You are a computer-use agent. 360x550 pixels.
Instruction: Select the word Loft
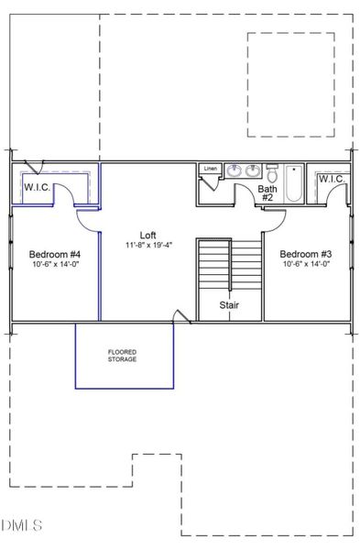coord(148,235)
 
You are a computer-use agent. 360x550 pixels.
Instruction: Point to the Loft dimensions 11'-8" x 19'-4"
coord(148,246)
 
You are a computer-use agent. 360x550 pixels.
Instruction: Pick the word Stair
coord(229,305)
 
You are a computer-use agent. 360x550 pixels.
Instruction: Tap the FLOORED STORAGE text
coord(123,355)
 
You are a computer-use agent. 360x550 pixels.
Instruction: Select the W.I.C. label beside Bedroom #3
coord(330,179)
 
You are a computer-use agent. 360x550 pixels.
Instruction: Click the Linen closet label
coord(211,169)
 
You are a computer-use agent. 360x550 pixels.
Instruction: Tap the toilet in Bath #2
coord(272,172)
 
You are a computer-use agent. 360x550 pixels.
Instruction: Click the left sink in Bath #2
coord(234,170)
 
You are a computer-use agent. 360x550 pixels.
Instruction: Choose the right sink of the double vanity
coord(252,170)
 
